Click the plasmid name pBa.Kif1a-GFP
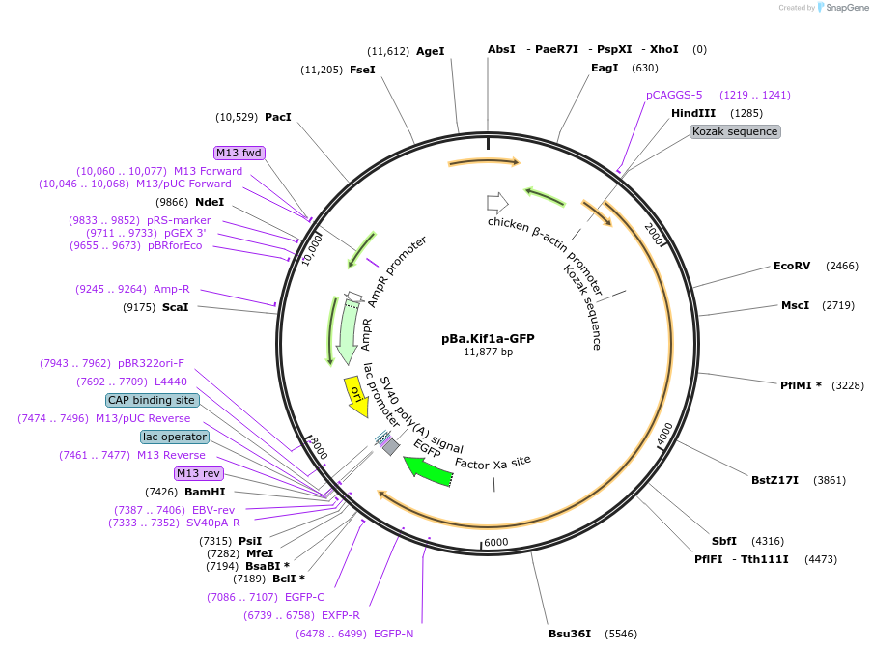(487, 339)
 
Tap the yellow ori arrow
(355, 395)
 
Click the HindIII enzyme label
(693, 113)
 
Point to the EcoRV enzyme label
(793, 266)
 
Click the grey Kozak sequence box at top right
(735, 131)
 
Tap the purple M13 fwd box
(239, 153)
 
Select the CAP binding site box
(153, 400)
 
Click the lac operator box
(175, 437)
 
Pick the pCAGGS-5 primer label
(674, 95)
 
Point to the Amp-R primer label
(172, 289)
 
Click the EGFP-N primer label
(393, 634)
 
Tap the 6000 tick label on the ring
(495, 543)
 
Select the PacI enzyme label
(278, 117)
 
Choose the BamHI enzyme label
(205, 492)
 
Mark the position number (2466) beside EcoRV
(841, 266)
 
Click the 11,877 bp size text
(488, 353)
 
